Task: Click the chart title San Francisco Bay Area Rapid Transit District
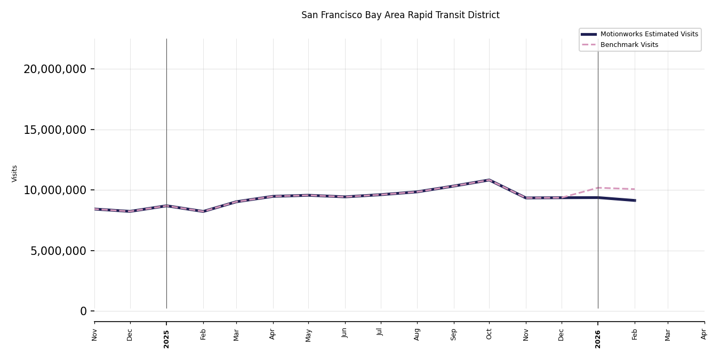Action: click(x=400, y=15)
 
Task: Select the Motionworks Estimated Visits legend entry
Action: click(x=649, y=34)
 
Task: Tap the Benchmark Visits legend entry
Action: click(x=629, y=45)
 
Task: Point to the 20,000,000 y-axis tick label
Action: click(x=55, y=69)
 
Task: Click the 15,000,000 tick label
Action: click(x=55, y=130)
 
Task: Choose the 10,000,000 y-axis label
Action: click(x=55, y=190)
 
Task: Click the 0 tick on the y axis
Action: click(x=83, y=311)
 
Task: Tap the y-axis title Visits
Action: click(x=15, y=173)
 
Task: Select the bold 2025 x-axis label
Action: click(x=166, y=339)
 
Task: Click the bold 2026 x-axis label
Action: click(x=598, y=339)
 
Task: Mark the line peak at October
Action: click(x=489, y=180)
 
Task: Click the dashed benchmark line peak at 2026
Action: click(x=598, y=188)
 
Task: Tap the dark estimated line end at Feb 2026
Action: click(x=635, y=201)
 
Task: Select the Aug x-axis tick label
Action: click(x=417, y=334)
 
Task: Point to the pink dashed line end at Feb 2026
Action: click(x=635, y=189)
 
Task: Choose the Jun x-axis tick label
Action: click(x=345, y=333)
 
